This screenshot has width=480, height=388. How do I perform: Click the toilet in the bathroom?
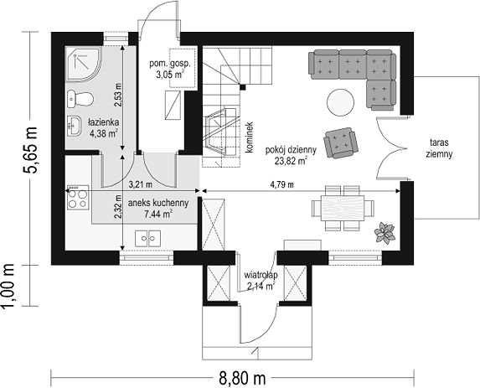[x=80, y=99]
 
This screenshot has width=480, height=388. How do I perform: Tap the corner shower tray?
[x=83, y=64]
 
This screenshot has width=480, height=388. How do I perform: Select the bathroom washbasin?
[x=74, y=126]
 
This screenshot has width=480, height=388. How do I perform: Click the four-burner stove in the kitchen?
[x=78, y=198]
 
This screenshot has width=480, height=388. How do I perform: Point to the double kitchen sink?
[x=148, y=238]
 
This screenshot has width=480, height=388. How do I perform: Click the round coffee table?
[x=340, y=102]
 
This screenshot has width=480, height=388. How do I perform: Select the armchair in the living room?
[x=341, y=143]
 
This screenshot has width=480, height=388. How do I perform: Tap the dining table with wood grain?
[x=343, y=208]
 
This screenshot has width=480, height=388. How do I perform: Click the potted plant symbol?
[x=385, y=233]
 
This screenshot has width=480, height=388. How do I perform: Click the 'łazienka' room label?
[x=104, y=122]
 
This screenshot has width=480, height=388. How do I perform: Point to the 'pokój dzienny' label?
[x=291, y=150]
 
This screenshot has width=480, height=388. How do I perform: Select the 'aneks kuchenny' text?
[x=158, y=203]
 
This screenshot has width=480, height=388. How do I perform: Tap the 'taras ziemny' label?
[x=439, y=148]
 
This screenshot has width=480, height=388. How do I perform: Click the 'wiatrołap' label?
[x=261, y=275]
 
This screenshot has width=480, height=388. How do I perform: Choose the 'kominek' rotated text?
[x=250, y=137]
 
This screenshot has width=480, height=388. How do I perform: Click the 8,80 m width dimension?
[x=242, y=379]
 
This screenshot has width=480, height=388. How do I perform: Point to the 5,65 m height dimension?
[x=30, y=150]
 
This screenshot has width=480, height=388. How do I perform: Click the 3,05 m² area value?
[x=170, y=74]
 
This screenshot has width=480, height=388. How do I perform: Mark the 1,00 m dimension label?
[x=8, y=287]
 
